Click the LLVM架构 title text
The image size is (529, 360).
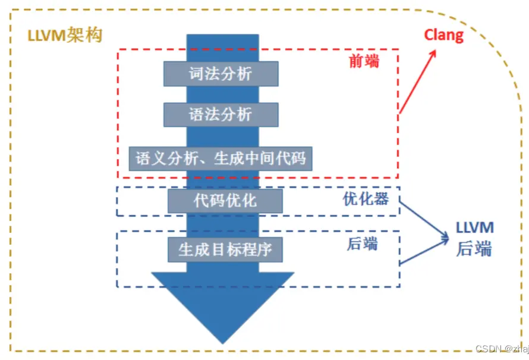click(65, 35)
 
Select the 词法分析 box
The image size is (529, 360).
click(221, 74)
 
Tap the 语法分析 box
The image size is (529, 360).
click(221, 115)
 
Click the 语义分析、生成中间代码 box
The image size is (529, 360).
click(221, 159)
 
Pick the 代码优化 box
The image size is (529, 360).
click(225, 200)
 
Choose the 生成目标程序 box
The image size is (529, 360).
click(225, 249)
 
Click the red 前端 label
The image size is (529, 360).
click(363, 61)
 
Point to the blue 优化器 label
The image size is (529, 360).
click(366, 199)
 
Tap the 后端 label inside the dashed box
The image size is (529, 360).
click(361, 244)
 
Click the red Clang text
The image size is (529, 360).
click(443, 35)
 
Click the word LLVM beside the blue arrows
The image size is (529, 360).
click(474, 228)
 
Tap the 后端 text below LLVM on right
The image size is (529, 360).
click(474, 249)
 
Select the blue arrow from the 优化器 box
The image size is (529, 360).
click(423, 220)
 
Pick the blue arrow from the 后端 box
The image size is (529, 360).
click(423, 252)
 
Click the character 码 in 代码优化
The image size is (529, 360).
click(216, 200)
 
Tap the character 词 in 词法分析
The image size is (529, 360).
click(197, 74)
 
